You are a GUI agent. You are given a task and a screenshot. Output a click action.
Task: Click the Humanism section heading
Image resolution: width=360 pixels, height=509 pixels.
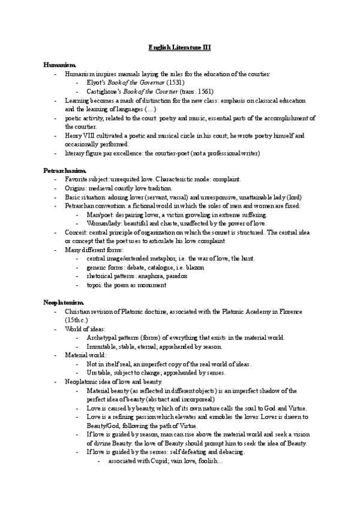(x=59, y=64)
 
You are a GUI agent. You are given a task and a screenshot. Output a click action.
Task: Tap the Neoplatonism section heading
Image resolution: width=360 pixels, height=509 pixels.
(x=64, y=302)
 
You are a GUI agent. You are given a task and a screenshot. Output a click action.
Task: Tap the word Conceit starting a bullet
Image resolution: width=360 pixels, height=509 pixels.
(x=76, y=232)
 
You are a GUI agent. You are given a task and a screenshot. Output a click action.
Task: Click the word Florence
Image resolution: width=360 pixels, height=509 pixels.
(x=288, y=312)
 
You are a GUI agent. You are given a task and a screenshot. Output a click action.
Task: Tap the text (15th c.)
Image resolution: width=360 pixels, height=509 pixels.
(x=75, y=321)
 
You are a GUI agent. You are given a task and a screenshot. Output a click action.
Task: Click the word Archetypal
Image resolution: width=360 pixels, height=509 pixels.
(x=104, y=338)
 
